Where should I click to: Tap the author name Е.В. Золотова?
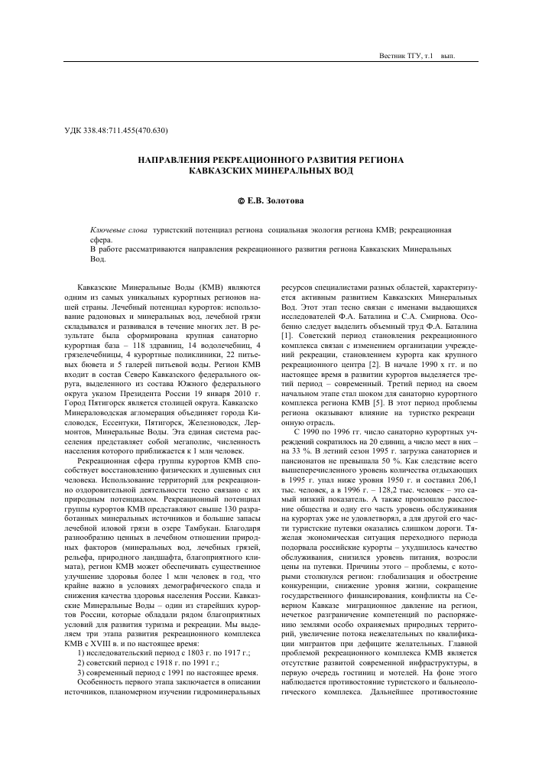(275, 201)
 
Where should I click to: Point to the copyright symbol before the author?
(241, 201)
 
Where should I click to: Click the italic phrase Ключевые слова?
(118, 229)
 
